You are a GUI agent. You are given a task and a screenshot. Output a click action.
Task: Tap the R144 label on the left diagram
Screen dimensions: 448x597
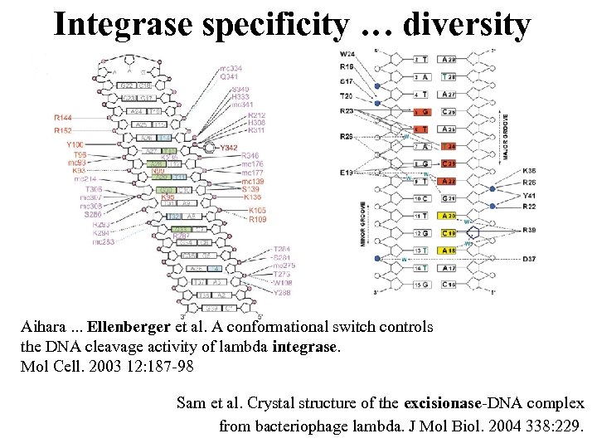coord(63,119)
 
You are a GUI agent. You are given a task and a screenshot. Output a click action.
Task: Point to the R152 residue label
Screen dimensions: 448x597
coord(63,130)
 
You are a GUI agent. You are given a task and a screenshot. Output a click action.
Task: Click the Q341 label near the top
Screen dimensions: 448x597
coord(231,76)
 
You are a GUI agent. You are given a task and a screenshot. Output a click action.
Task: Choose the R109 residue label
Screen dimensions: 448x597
coord(258,220)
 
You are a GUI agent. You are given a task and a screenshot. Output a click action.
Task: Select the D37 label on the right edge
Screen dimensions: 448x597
coord(528,259)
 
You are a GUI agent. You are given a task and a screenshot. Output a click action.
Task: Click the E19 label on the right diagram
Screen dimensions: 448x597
coord(347,172)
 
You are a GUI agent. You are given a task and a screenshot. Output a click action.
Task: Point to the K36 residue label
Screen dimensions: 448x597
coord(528,171)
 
